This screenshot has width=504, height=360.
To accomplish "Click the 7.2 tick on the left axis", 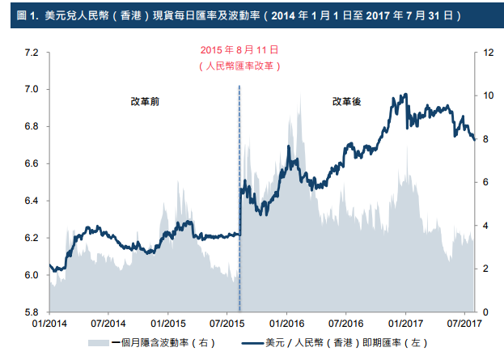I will pyautogui.click(x=32, y=53).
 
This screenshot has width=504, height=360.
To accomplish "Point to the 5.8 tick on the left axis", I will pyautogui.click(x=32, y=312).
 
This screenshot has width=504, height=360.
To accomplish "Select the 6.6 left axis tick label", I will pyautogui.click(x=32, y=164).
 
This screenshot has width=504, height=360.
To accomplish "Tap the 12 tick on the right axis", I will pyautogui.click(x=488, y=53).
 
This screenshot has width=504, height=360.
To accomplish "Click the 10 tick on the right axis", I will pyautogui.click(x=488, y=95).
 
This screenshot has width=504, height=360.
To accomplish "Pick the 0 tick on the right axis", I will pyautogui.click(x=485, y=312).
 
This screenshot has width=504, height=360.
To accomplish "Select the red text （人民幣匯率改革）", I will pyautogui.click(x=239, y=66).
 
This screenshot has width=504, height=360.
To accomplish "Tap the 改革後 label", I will pyautogui.click(x=347, y=102).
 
